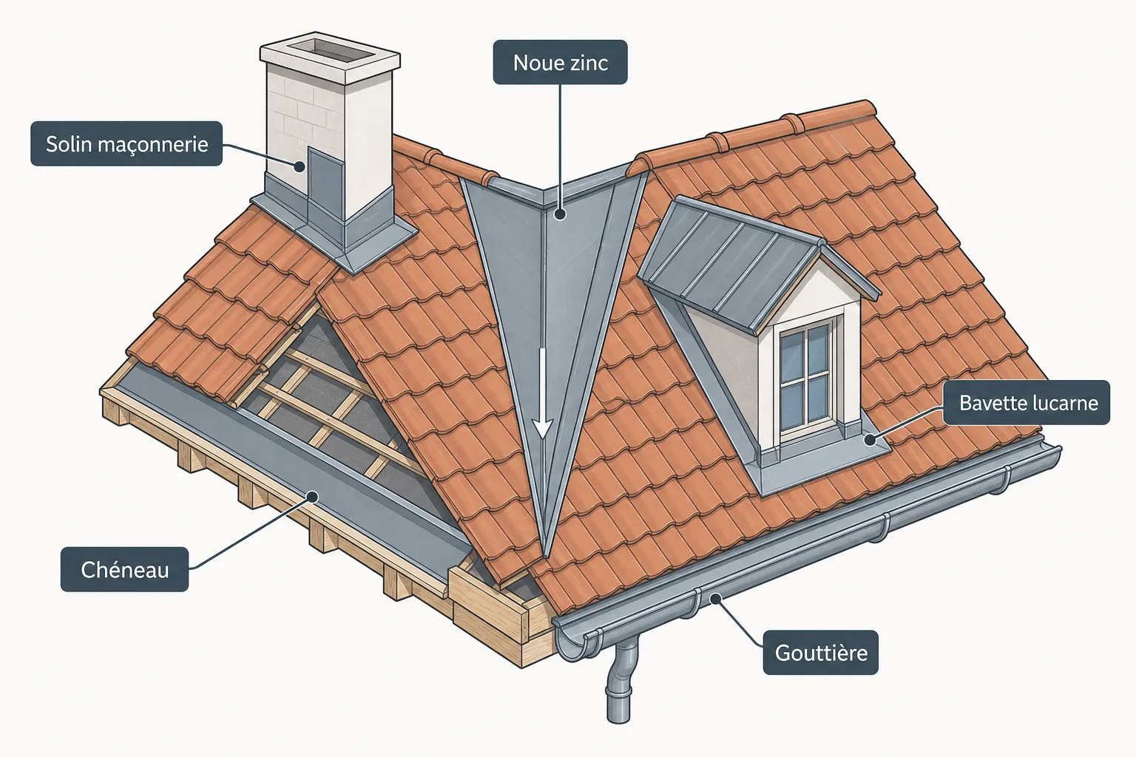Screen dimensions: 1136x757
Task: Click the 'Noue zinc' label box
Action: click(x=561, y=62)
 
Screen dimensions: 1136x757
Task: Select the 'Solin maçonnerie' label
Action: click(x=126, y=143)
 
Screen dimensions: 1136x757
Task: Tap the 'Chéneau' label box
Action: click(x=125, y=569)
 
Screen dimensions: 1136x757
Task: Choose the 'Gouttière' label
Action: click(x=820, y=652)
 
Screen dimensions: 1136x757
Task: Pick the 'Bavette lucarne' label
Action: click(x=1027, y=403)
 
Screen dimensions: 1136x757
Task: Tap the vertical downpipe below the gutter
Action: click(x=621, y=682)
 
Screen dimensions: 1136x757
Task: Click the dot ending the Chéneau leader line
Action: click(x=313, y=496)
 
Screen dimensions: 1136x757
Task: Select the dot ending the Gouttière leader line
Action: click(x=715, y=599)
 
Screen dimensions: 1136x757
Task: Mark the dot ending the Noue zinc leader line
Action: click(x=560, y=214)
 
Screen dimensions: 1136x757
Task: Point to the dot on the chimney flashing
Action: click(x=300, y=166)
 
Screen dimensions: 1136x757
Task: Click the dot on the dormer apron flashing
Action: click(x=870, y=439)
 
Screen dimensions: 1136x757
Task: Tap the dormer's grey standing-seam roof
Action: click(x=735, y=264)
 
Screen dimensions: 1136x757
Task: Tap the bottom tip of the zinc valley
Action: click(x=547, y=557)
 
